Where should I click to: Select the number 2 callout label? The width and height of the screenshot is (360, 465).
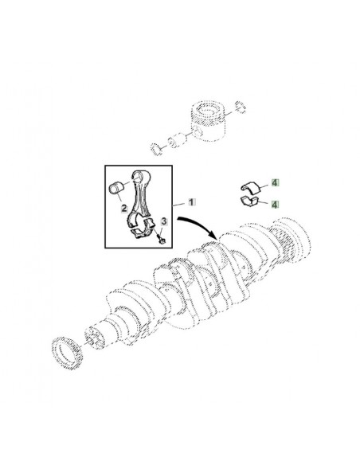point(124,209)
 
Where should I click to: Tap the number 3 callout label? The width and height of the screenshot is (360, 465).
point(164,221)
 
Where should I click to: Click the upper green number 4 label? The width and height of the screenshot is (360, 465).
point(274,183)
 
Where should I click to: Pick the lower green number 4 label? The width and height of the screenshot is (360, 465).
point(274,205)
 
